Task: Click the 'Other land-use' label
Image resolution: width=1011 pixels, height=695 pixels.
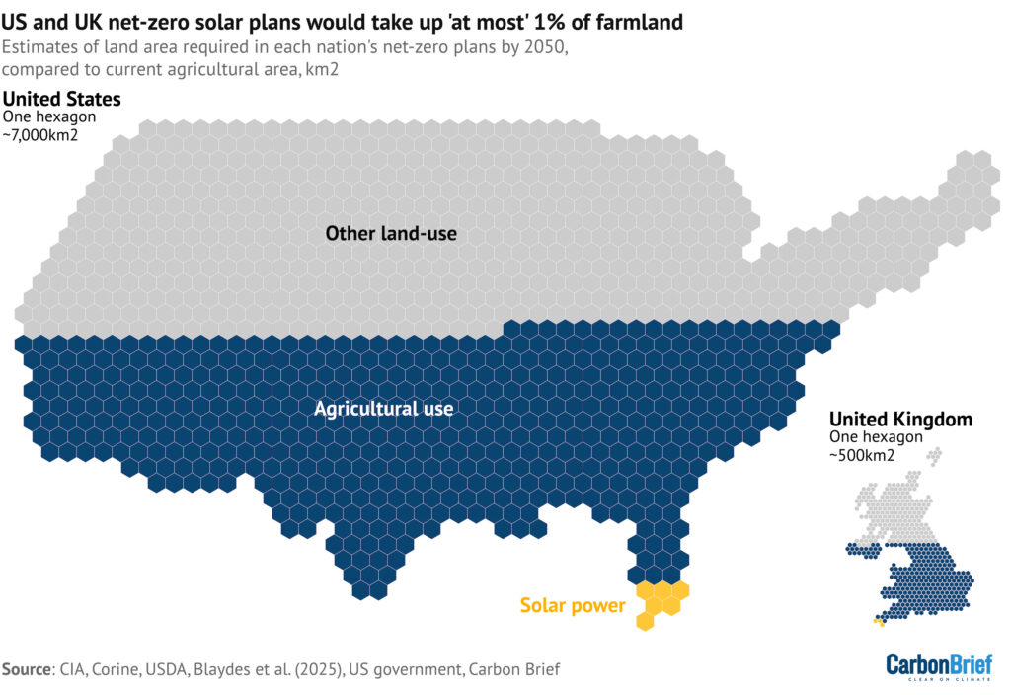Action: coord(391,233)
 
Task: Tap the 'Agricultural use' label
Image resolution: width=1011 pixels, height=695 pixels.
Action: coord(383,408)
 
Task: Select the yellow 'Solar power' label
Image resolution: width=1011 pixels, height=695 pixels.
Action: coord(573,605)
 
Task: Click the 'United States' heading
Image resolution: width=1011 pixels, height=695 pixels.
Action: coord(63,99)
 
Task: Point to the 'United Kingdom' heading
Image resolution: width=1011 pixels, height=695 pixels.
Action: coord(900,419)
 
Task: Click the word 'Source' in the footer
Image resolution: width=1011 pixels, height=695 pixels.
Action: coord(27,669)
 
